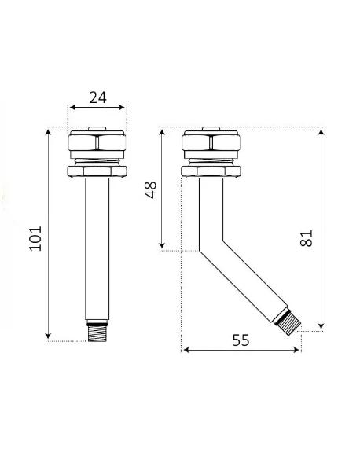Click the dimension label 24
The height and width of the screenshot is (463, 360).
[97, 97]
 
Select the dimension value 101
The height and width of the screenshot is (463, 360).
[35, 239]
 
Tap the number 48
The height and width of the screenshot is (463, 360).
[150, 190]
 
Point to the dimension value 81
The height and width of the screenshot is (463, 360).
[306, 238]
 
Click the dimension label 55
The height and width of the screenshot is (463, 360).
[241, 340]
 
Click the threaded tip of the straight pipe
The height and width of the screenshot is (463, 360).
[97, 332]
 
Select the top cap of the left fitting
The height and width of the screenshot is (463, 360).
[97, 129]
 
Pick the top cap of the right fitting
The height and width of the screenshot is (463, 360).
[211, 129]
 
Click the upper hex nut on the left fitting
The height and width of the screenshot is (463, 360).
[97, 142]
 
